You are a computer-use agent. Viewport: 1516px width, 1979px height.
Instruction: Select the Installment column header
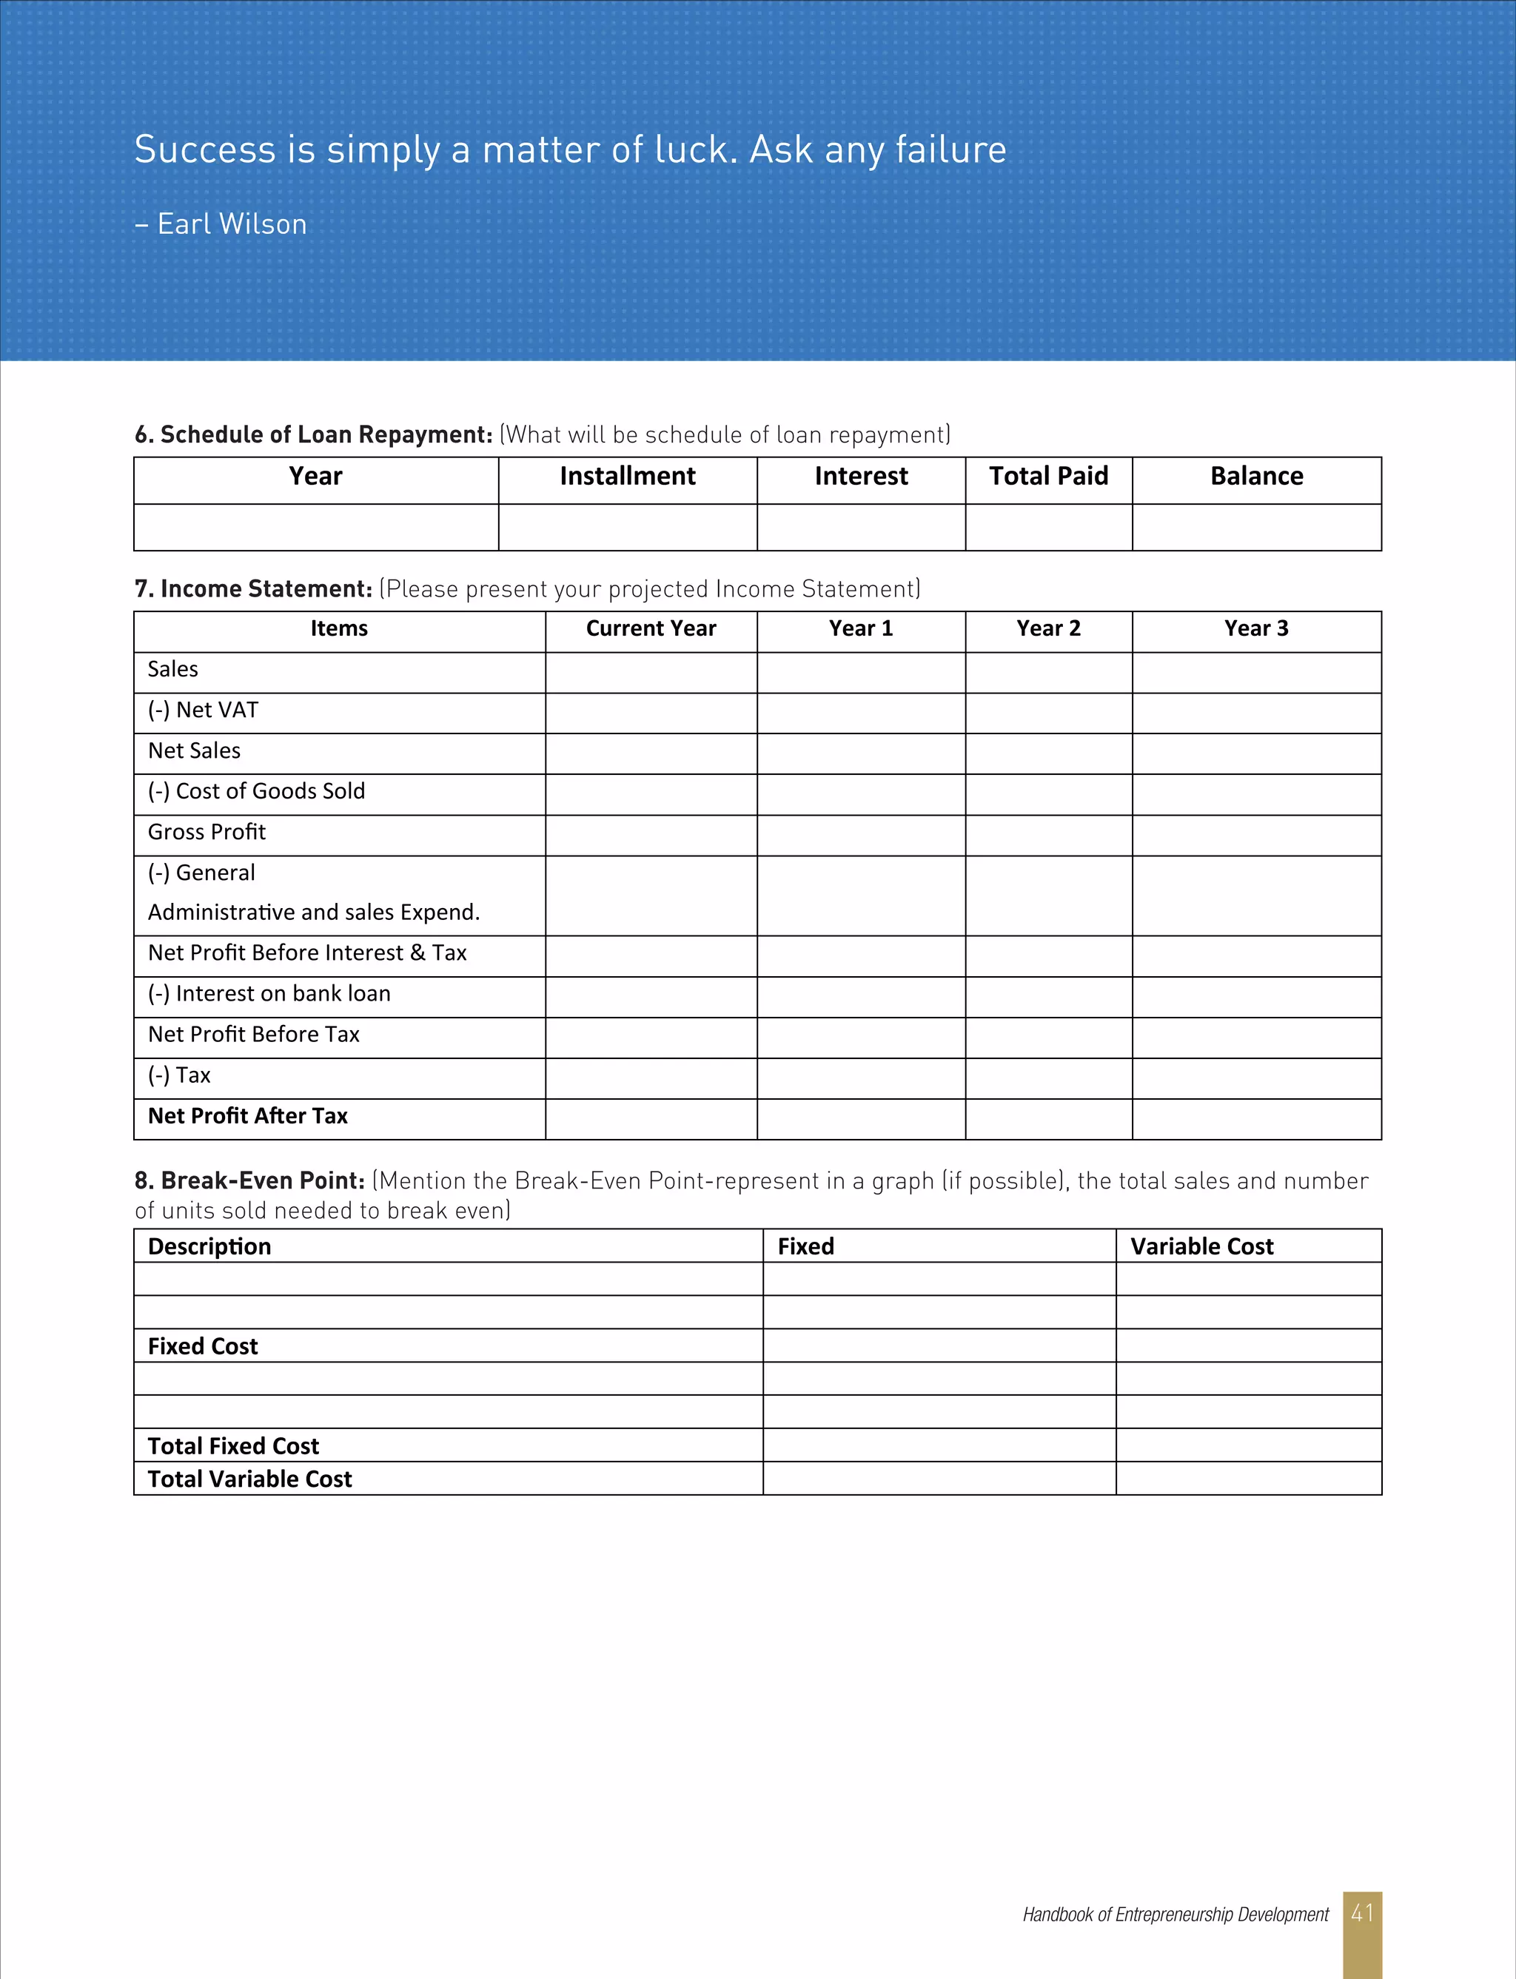coord(627,477)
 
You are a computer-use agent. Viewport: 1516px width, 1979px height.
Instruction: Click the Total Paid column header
coord(1049,477)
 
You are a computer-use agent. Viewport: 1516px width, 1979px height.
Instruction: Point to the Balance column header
coord(1256,477)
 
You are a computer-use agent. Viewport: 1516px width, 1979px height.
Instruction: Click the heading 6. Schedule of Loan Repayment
coord(313,434)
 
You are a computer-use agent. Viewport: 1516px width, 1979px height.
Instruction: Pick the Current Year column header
coord(651,628)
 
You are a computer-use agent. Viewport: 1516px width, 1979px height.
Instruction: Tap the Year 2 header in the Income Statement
coord(1049,628)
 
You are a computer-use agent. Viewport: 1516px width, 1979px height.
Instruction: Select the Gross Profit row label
coord(207,833)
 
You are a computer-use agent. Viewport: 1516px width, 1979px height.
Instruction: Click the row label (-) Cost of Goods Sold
coord(256,792)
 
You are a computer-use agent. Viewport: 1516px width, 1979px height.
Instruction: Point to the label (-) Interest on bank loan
coord(269,994)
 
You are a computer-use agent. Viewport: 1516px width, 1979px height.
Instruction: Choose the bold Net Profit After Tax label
coord(247,1117)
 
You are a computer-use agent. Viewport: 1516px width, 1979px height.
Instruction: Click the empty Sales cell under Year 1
coord(861,673)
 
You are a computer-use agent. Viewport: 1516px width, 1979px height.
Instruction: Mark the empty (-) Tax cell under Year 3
coord(1256,1079)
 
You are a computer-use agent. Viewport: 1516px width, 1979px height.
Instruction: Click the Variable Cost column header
coord(1201,1246)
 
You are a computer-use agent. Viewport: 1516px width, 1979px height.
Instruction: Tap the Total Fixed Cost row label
coord(233,1447)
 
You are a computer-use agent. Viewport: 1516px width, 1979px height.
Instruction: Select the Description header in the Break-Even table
coord(209,1246)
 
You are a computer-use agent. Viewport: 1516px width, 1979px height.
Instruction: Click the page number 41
coord(1362,1913)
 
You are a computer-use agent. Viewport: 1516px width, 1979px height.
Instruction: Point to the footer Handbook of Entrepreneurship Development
coord(1175,1915)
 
